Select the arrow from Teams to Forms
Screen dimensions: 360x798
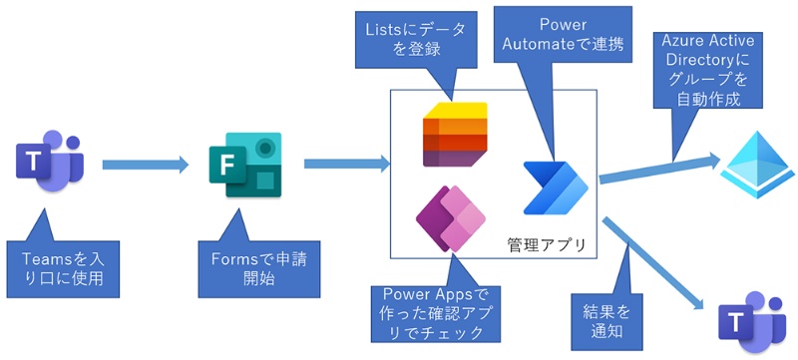point(145,163)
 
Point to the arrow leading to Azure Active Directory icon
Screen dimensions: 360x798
point(658,168)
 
